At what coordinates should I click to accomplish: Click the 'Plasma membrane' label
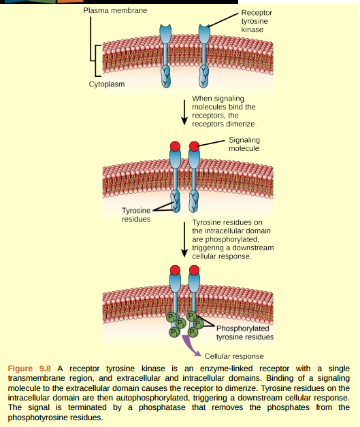[x=114, y=12]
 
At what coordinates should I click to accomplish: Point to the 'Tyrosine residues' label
[x=136, y=215]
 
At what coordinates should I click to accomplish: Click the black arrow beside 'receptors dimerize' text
[x=184, y=112]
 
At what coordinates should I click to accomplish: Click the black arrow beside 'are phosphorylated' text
[x=184, y=239]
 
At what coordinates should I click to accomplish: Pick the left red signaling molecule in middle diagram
[x=175, y=146]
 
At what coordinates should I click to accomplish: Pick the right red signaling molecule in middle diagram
[x=194, y=146]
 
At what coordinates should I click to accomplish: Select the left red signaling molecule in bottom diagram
[x=175, y=271]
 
